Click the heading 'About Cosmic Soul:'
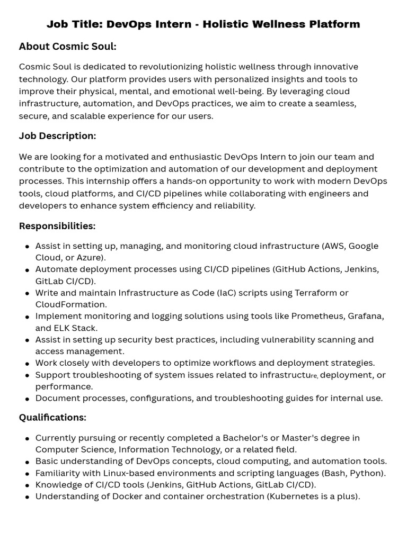coord(67,47)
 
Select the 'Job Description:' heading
coord(57,136)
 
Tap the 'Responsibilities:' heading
coord(57,226)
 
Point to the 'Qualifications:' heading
coord(52,418)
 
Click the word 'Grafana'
coord(365,316)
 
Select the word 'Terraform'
coord(316,293)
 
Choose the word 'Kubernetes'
coord(297,496)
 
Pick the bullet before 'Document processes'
coord(27,399)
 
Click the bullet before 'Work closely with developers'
coord(27,364)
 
